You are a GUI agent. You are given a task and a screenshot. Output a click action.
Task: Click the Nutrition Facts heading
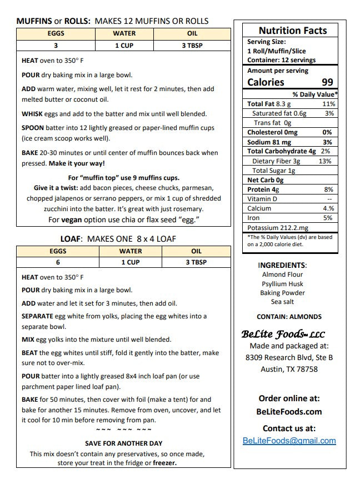(292, 31)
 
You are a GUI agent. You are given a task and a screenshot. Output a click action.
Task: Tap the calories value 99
(327, 82)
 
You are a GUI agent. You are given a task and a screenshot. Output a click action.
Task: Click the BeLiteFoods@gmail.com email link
(289, 441)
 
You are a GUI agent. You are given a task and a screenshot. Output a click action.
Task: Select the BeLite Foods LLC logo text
(283, 334)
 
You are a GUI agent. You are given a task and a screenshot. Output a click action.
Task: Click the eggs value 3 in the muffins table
(56, 46)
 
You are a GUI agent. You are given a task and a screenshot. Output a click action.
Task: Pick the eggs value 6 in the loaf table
(58, 262)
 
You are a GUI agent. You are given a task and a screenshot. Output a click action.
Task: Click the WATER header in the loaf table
(124, 251)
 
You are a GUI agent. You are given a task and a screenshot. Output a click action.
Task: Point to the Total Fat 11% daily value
(328, 104)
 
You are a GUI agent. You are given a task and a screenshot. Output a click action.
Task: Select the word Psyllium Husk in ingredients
(282, 284)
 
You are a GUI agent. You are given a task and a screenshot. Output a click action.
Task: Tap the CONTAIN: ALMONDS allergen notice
(289, 317)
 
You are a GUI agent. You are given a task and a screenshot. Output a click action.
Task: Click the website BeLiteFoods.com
(289, 412)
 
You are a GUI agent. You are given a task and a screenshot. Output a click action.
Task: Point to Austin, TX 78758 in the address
(289, 369)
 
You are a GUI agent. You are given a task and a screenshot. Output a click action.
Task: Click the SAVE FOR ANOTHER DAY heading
(123, 443)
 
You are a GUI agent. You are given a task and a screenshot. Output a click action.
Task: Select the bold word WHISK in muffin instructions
(32, 114)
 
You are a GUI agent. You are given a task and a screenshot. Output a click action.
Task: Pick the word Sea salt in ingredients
(282, 302)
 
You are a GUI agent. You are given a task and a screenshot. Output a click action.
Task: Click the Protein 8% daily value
(328, 189)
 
